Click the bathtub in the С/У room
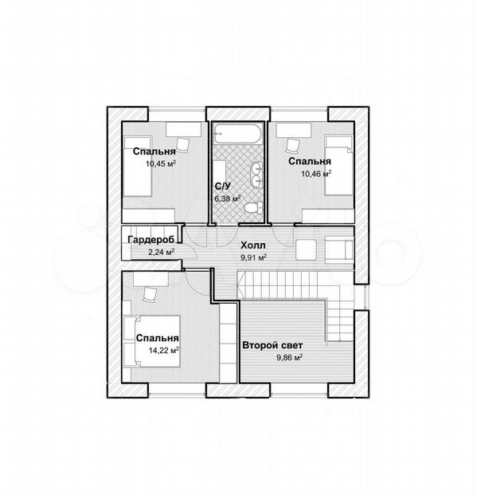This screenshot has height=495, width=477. click(238, 134)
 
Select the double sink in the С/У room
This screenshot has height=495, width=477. click(256, 175)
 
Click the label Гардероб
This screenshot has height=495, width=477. click(151, 240)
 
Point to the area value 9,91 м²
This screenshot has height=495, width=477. click(254, 257)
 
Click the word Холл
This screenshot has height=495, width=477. click(253, 245)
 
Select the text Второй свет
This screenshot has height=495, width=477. click(272, 345)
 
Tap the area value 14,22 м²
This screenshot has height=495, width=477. click(164, 351)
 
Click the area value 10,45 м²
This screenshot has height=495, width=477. click(161, 163)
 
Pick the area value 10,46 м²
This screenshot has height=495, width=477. click(316, 174)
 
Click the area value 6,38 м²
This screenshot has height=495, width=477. click(228, 198)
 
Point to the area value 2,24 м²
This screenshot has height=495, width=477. click(161, 252)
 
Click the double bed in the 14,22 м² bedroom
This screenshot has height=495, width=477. click(152, 341)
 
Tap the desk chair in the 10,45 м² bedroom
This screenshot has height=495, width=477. click(182, 144)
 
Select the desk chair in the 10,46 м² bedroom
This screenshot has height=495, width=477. click(292, 145)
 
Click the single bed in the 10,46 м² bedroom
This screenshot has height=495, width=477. click(338, 166)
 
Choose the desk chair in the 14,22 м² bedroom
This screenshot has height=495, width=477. click(150, 294)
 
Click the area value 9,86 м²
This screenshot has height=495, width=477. click(290, 358)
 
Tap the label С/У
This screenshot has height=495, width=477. click(223, 187)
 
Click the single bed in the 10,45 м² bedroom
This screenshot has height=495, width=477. click(137, 167)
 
